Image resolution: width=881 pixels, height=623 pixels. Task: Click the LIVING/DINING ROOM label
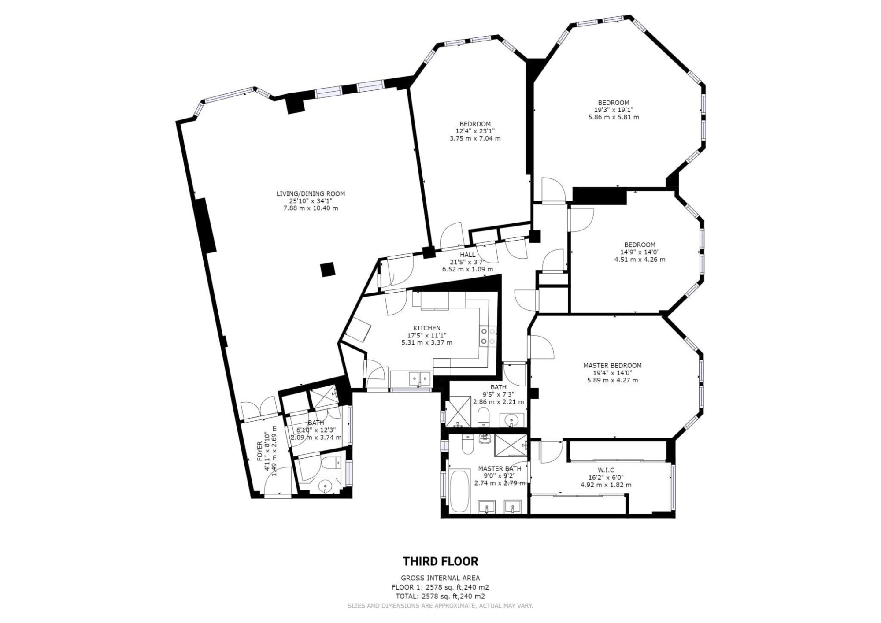(311, 193)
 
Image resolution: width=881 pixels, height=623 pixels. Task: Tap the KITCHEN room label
(426, 328)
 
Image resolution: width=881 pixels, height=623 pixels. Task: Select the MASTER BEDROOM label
(612, 365)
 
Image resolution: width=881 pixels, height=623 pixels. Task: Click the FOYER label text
(259, 451)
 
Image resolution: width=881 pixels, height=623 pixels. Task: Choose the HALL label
(467, 255)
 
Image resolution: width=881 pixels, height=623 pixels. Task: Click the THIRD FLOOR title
(440, 561)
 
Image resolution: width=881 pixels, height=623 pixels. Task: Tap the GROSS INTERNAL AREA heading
(440, 578)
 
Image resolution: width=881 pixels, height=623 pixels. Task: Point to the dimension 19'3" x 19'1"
(614, 110)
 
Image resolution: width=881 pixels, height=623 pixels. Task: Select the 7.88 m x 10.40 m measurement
(311, 208)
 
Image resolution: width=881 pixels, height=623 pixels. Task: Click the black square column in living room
(327, 270)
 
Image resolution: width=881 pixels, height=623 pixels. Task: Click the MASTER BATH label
(500, 468)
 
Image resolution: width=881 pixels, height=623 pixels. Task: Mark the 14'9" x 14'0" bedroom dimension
(640, 252)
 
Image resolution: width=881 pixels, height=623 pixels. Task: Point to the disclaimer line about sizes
(440, 606)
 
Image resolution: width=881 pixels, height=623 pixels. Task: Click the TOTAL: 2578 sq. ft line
(440, 597)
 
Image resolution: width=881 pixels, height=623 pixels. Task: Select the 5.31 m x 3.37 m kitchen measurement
(426, 342)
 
